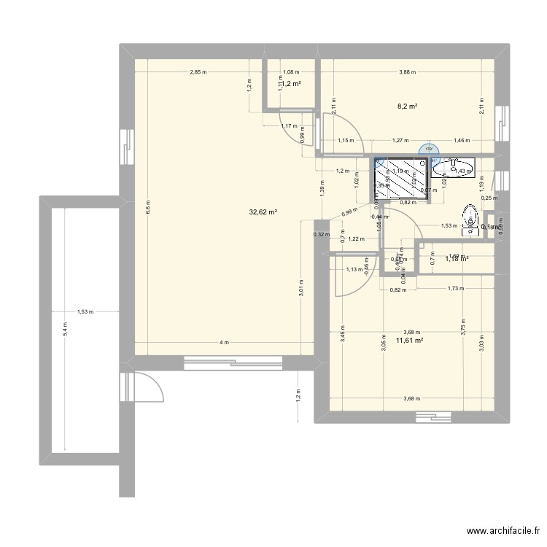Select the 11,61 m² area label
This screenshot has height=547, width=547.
pyautogui.click(x=409, y=340)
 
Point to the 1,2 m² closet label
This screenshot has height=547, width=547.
pyautogui.click(x=291, y=84)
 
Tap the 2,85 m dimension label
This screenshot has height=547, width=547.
pyautogui.click(x=198, y=71)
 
